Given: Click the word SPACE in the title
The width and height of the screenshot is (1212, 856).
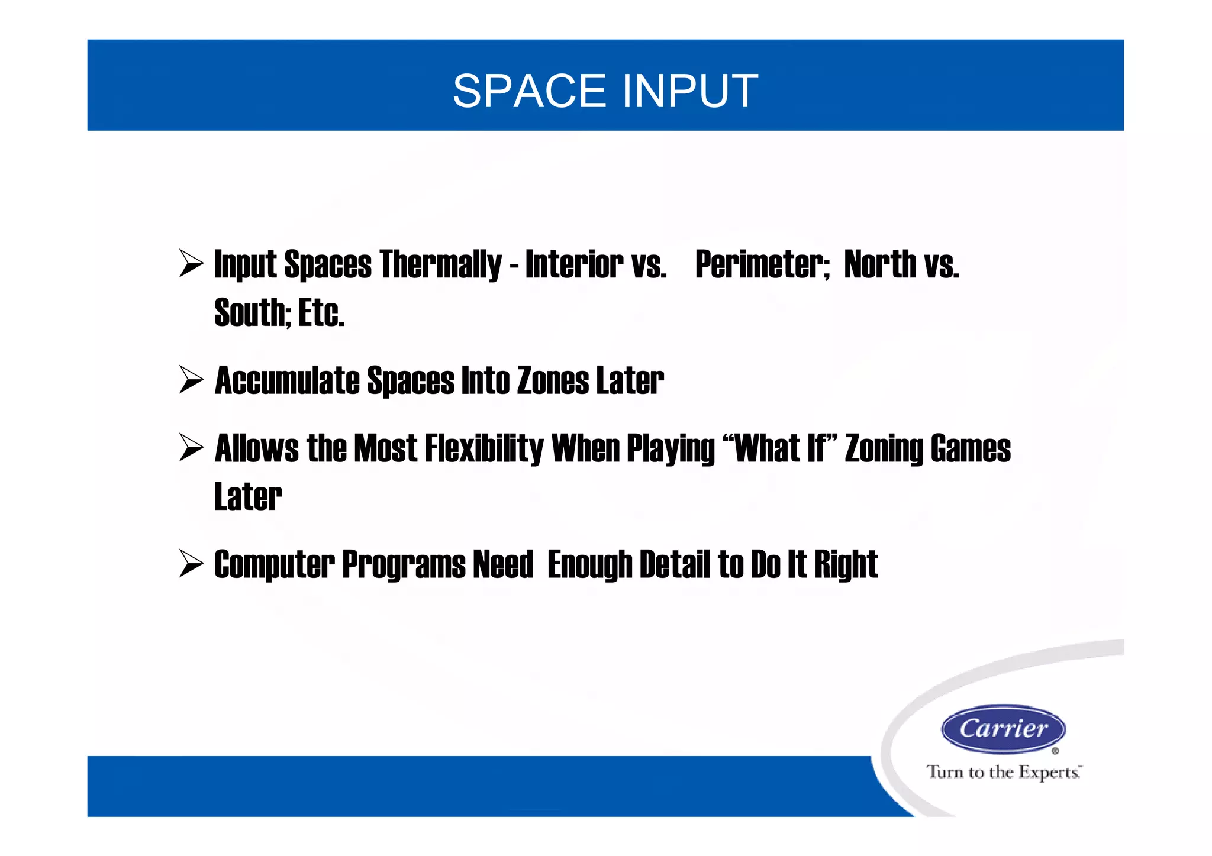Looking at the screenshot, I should (528, 92).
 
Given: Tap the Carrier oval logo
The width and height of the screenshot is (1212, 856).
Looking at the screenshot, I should (1003, 729).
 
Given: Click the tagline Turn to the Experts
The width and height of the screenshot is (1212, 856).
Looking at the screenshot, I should (1004, 772).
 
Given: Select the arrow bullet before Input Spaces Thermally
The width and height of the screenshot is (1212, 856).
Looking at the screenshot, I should (191, 263).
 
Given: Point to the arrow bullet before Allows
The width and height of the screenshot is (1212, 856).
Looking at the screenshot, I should (191, 447).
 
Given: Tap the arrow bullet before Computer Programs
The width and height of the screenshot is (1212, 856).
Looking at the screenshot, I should (191, 563).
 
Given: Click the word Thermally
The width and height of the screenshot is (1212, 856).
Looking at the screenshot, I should (440, 264).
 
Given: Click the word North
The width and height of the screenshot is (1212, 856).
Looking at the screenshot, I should (880, 264).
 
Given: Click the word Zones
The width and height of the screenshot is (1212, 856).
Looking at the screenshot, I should (553, 380).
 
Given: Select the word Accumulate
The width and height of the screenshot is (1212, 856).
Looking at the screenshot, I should (287, 380).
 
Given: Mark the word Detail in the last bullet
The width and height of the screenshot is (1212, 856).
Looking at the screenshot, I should (675, 564).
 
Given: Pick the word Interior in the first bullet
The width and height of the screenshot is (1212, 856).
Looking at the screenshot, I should (573, 264).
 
